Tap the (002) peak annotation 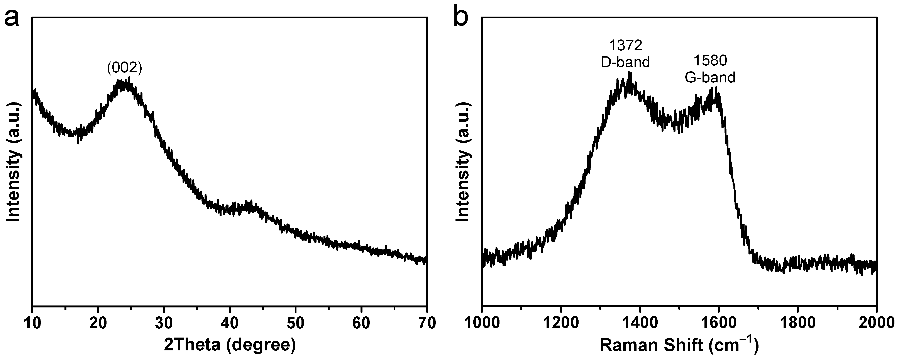pos(125,68)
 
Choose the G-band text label pos(710,77)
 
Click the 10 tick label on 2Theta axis pos(32,323)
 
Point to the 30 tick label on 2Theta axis pos(164,323)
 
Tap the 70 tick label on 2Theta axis pos(427,323)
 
